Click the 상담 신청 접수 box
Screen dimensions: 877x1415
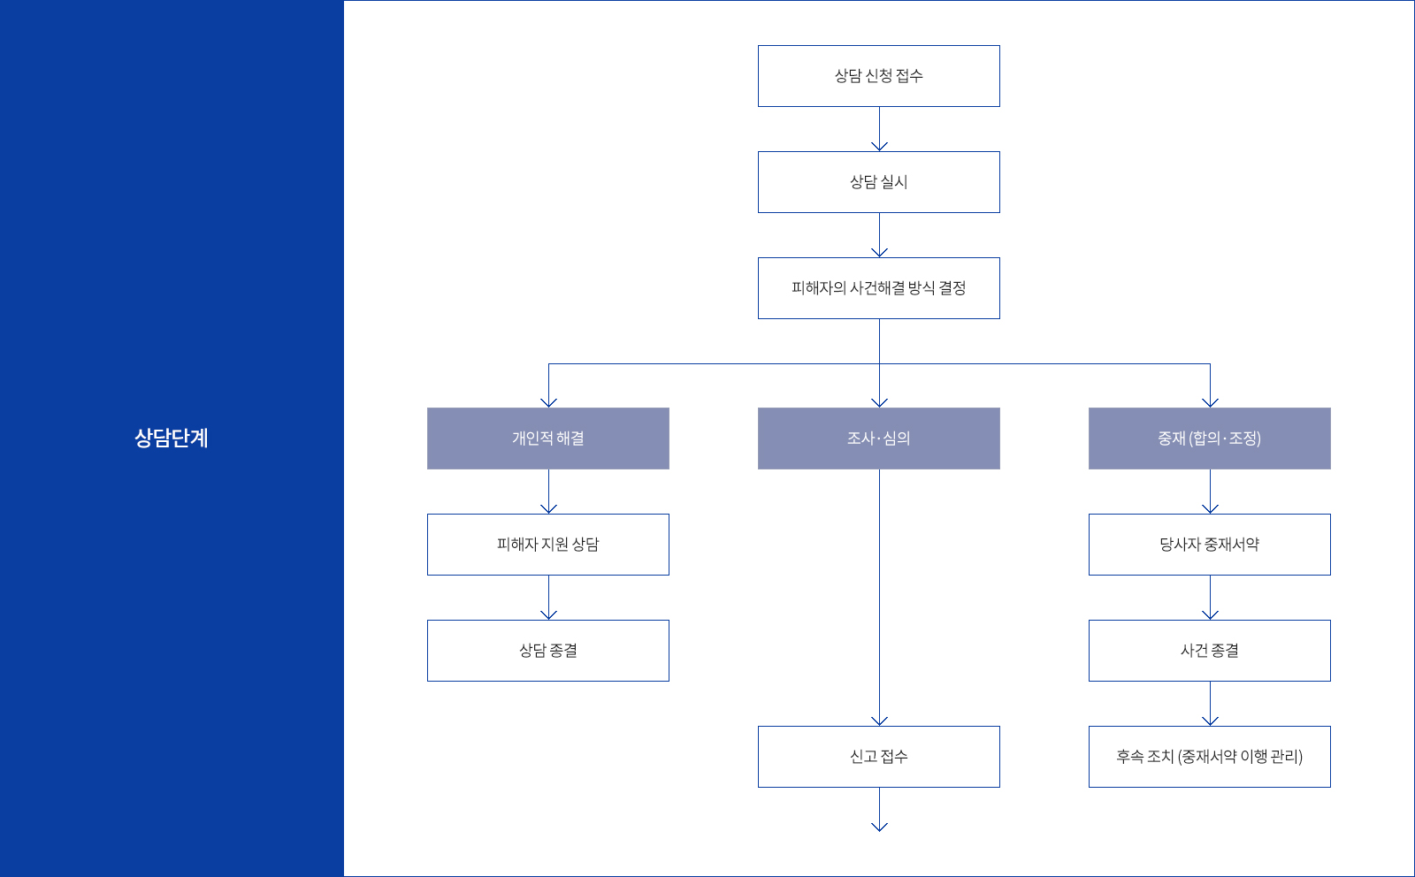pyautogui.click(x=878, y=76)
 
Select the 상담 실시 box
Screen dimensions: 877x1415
pyautogui.click(x=878, y=182)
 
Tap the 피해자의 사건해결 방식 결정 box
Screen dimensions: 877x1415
pyautogui.click(x=878, y=288)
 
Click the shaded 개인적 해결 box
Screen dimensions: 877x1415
pyautogui.click(x=547, y=438)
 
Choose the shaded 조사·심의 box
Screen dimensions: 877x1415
pyautogui.click(x=878, y=438)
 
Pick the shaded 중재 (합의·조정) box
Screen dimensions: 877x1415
pyautogui.click(x=1209, y=438)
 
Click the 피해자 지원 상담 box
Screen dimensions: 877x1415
pyautogui.click(x=547, y=545)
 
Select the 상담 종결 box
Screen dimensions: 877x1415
pyautogui.click(x=547, y=651)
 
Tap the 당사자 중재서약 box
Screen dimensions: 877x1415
pyautogui.click(x=1209, y=545)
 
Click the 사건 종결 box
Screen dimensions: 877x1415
pyautogui.click(x=1209, y=651)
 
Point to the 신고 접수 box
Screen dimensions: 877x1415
pyautogui.click(x=878, y=757)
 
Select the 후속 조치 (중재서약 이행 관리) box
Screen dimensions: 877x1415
pyautogui.click(x=1209, y=757)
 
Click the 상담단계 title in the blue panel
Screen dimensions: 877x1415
pyautogui.click(x=172, y=438)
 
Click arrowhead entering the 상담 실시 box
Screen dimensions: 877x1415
pyautogui.click(x=879, y=147)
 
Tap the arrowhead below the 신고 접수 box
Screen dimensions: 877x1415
pyautogui.click(x=879, y=827)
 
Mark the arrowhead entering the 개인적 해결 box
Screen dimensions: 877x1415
pyautogui.click(x=548, y=402)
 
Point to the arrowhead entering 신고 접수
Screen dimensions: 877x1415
pyautogui.click(x=879, y=721)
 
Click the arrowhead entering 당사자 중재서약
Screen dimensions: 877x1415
pyautogui.click(x=1210, y=508)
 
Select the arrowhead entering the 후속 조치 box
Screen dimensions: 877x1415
pyautogui.click(x=1210, y=721)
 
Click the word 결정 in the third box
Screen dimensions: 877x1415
pyautogui.click(x=952, y=288)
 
